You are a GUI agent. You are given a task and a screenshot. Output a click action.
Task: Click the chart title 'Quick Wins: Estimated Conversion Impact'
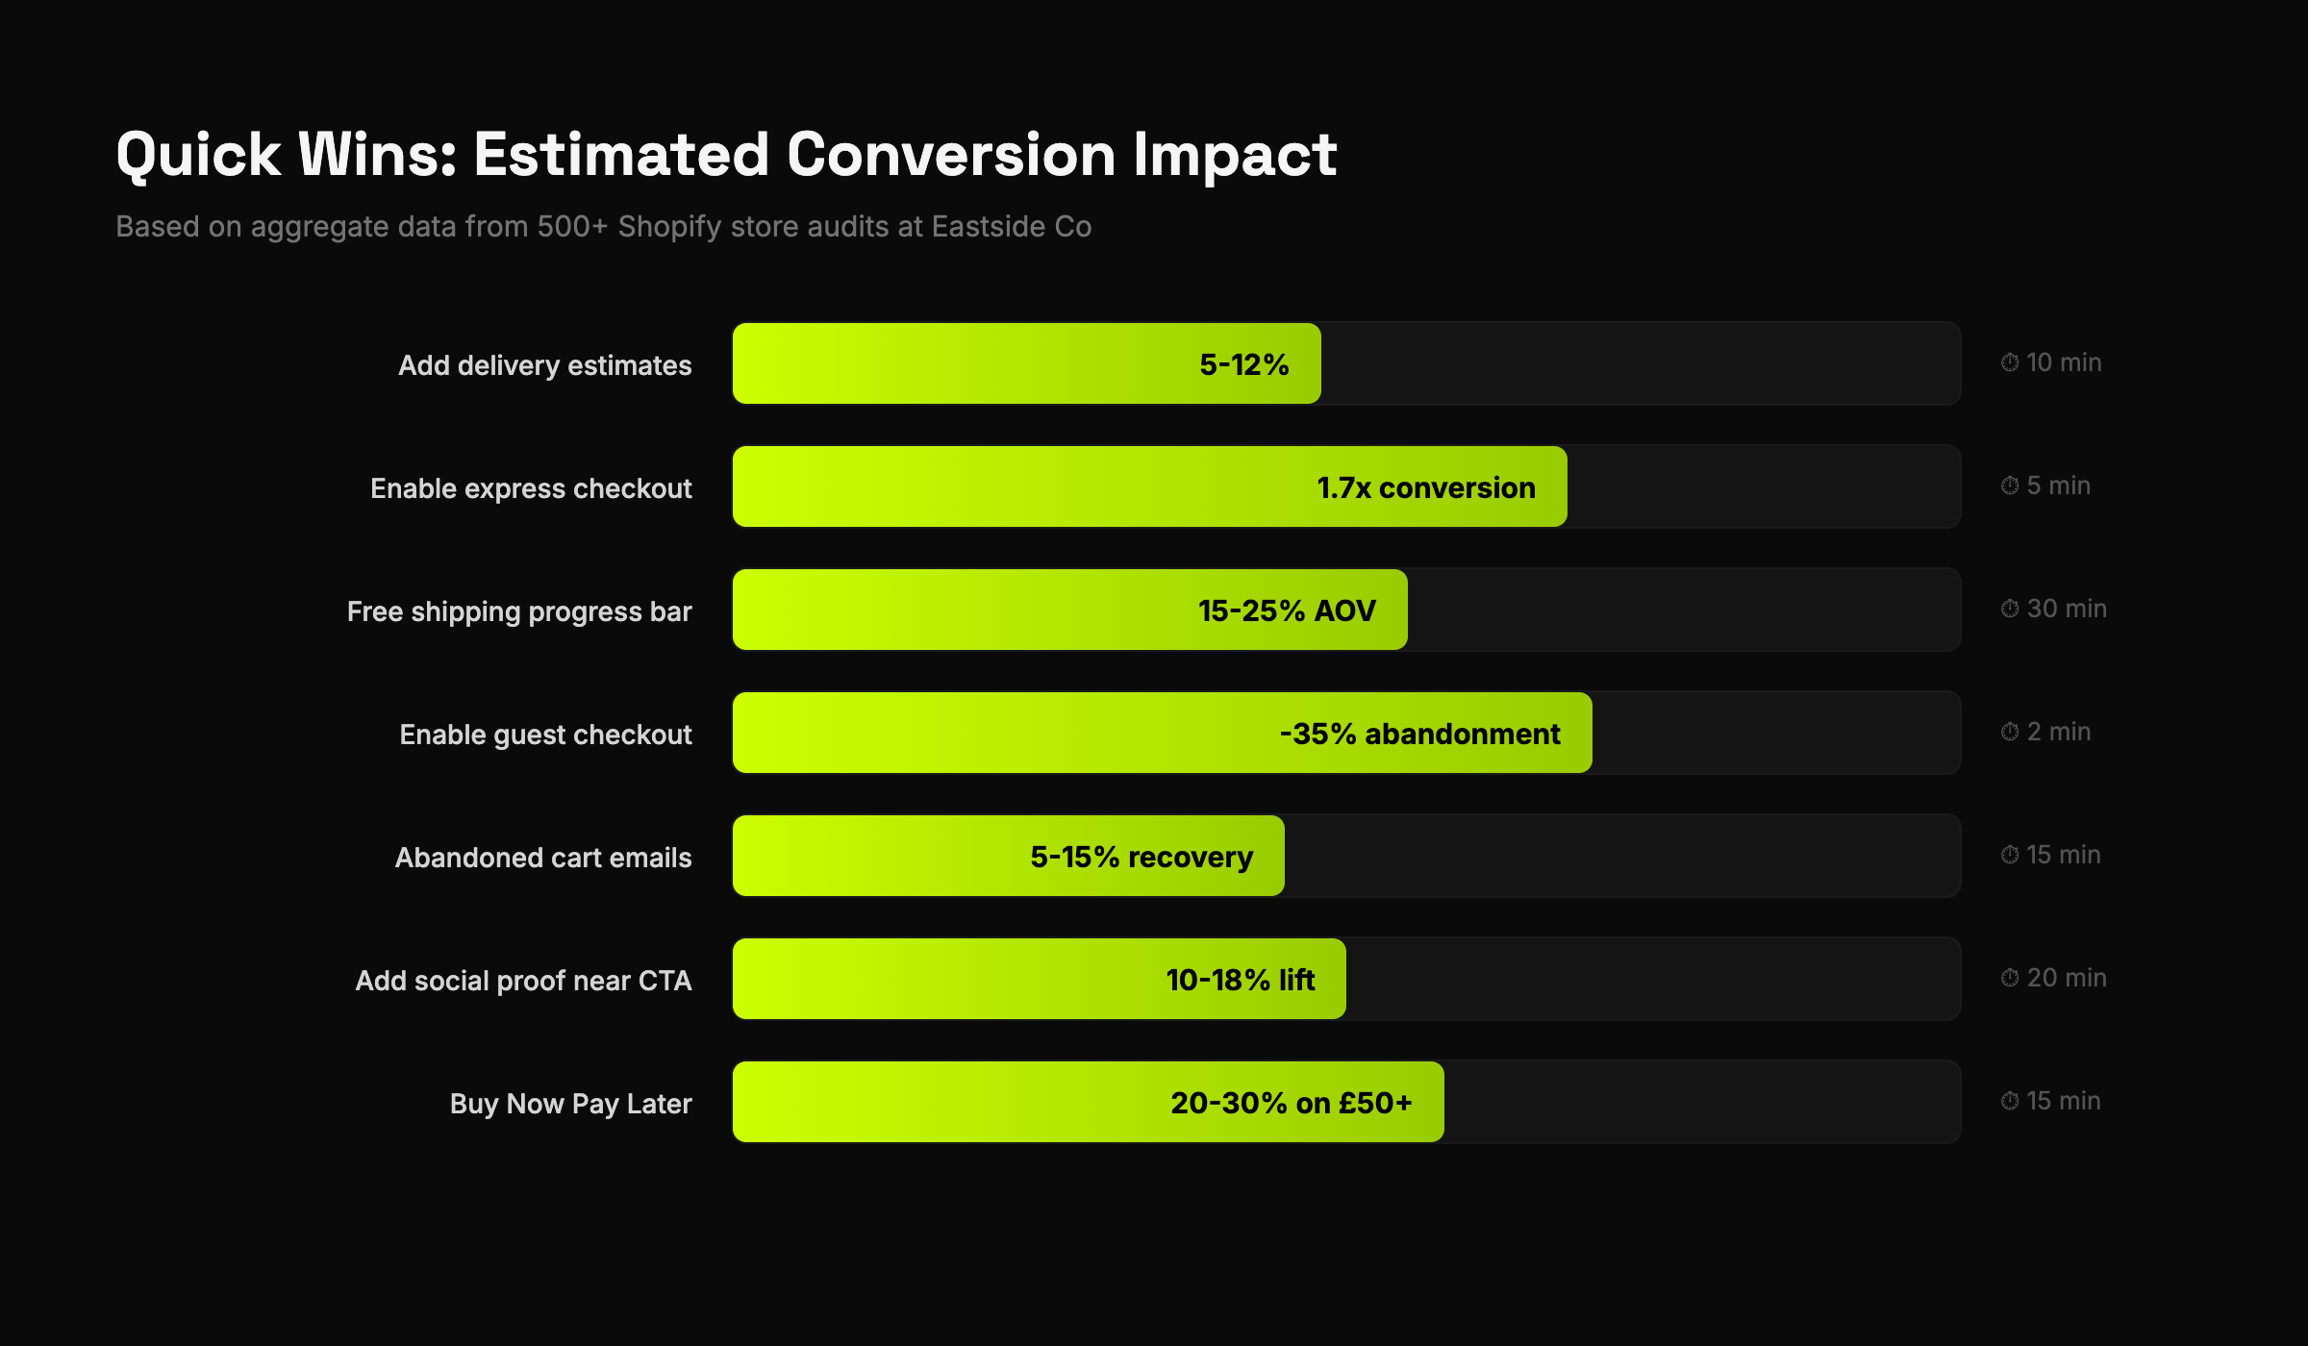coord(726,155)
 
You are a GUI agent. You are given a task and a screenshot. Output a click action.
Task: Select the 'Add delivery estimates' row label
coord(544,365)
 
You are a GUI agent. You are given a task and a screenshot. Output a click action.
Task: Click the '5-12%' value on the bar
coord(1243,364)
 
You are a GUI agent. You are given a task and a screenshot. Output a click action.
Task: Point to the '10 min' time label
coord(2063,362)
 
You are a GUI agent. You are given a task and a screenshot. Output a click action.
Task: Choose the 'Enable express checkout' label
coord(531,488)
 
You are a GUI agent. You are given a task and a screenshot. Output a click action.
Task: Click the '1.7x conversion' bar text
coord(1425,487)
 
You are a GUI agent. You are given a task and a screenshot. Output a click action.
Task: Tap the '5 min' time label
coord(2058,486)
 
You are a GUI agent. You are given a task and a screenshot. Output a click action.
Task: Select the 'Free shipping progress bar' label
coord(519,611)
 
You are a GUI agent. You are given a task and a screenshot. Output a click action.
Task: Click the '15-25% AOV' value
coord(1287,611)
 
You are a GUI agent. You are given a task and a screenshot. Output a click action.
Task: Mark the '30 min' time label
coord(2066,609)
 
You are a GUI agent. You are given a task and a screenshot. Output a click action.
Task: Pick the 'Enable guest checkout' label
coord(545,735)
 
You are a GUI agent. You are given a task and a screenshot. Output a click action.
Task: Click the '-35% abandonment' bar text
coord(1419,734)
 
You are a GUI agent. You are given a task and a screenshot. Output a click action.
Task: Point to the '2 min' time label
coord(2058,732)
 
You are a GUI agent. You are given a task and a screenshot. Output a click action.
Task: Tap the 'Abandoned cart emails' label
coord(543,858)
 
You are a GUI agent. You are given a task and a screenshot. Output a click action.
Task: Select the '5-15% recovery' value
coord(1141,857)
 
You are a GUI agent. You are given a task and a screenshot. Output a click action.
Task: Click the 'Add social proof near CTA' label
coord(523,981)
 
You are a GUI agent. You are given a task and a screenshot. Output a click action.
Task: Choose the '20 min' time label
coord(2066,978)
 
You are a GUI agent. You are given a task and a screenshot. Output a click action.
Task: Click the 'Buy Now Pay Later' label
coord(570,1104)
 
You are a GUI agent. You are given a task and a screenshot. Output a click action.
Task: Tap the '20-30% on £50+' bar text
coord(1291,1103)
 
